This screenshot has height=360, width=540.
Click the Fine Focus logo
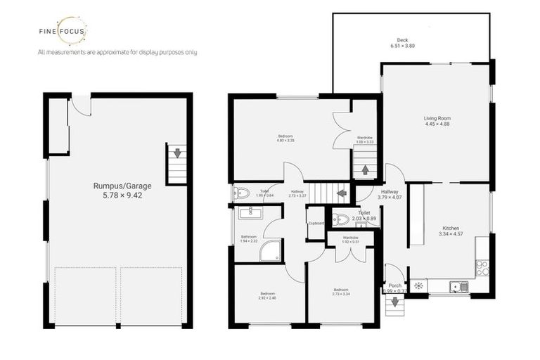click(x=63, y=31)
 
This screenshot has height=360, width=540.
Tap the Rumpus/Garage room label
click(x=117, y=186)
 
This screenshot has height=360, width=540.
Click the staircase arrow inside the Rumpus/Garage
click(x=177, y=153)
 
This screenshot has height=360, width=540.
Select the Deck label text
click(x=402, y=40)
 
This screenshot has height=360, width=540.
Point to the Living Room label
click(x=437, y=117)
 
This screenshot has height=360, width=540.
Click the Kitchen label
click(x=451, y=229)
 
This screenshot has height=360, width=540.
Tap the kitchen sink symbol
click(x=458, y=285)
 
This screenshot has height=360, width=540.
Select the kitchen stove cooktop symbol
click(x=482, y=266)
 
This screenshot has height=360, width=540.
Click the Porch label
click(x=395, y=285)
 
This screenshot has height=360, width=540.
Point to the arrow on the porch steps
click(x=394, y=302)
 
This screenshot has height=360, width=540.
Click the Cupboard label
click(x=316, y=224)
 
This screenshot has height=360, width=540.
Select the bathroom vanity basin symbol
click(x=250, y=213)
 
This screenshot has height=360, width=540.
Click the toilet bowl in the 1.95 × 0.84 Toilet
click(x=242, y=193)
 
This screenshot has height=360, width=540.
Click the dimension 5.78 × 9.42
click(x=117, y=197)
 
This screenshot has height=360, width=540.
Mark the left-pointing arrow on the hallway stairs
click(x=342, y=193)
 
